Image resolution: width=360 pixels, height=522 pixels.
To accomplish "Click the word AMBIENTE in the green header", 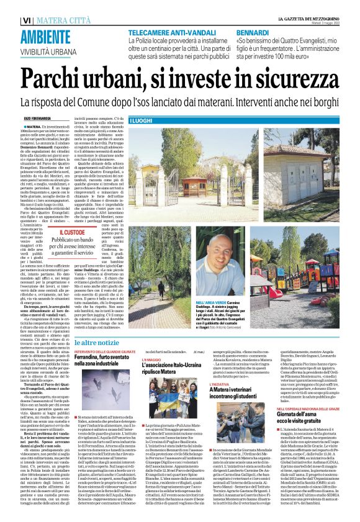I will click(40, 19).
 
